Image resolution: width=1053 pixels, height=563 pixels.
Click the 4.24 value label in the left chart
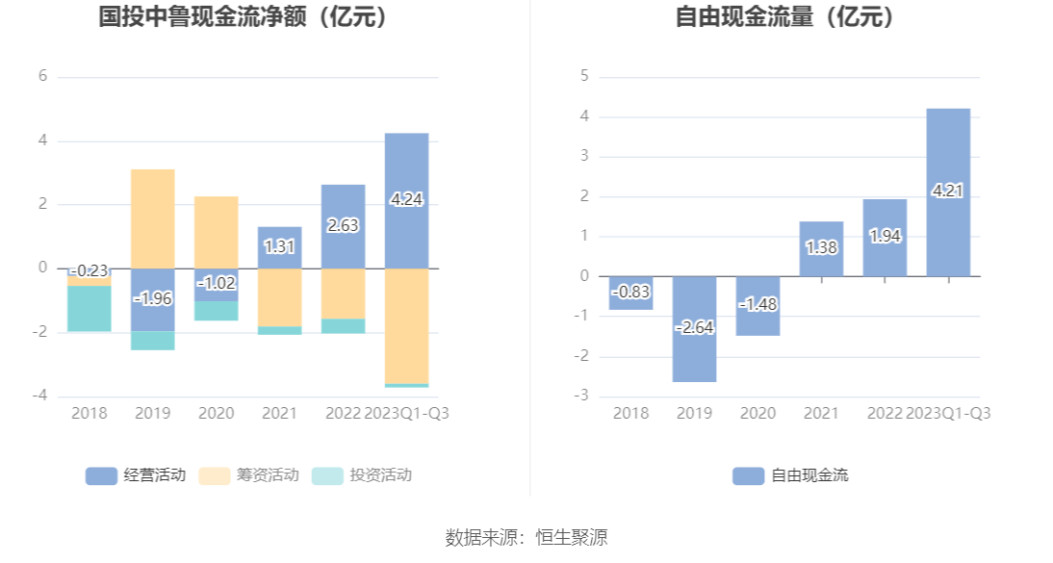pos(406,200)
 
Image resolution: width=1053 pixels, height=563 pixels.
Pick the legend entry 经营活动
pos(136,475)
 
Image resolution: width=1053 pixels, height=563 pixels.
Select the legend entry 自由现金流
pos(790,475)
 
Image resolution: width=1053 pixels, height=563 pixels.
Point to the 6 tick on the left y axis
pos(42,76)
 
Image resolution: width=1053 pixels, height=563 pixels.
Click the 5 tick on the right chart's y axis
pos(584,76)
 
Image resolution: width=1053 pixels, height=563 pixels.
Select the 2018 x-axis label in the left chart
pos(89,413)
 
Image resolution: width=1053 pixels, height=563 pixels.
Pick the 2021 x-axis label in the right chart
pos(821,413)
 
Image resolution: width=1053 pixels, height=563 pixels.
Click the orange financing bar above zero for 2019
pos(153,218)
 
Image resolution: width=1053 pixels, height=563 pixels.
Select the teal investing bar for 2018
pos(89,308)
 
